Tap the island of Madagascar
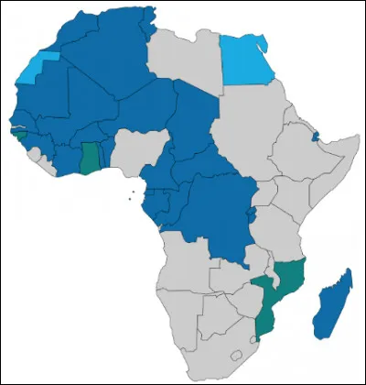[331, 302]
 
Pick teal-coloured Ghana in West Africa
[90, 158]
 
